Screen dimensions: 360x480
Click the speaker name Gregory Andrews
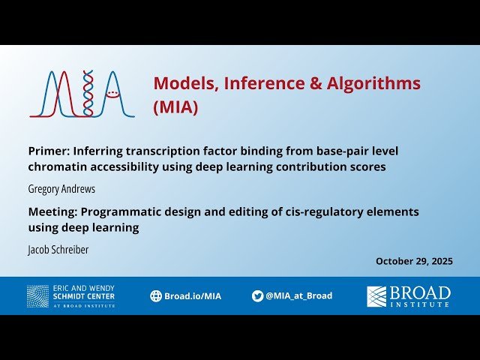(x=61, y=189)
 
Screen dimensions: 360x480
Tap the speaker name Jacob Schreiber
(x=58, y=250)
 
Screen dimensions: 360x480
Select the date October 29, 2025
(x=414, y=261)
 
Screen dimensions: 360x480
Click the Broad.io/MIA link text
(x=193, y=295)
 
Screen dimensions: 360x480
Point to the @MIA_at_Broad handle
(x=298, y=295)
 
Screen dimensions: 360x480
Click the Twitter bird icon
(x=257, y=295)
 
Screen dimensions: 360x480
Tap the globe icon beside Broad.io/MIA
(x=156, y=295)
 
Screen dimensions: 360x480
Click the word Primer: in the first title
(x=49, y=151)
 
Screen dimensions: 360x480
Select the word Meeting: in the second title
(x=55, y=211)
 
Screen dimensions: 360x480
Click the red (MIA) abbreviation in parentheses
(x=175, y=107)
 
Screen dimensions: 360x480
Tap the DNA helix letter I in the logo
(x=88, y=94)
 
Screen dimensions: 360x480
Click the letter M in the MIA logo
(x=56, y=94)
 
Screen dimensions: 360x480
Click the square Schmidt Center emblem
(x=37, y=295)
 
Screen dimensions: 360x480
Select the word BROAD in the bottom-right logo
(x=420, y=292)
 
